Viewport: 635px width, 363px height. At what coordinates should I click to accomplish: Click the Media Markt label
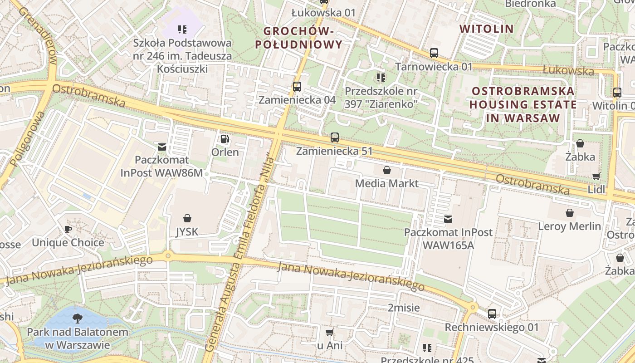(386, 183)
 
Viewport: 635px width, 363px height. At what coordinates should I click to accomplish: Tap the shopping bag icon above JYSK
(187, 218)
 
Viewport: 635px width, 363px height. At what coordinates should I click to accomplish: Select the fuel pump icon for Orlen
(225, 138)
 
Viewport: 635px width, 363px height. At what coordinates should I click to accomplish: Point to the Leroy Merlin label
(569, 226)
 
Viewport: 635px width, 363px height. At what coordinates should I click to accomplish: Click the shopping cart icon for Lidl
(596, 176)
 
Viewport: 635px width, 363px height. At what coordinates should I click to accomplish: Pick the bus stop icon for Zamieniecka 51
(335, 137)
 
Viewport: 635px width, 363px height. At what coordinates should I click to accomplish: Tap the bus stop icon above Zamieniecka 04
(297, 86)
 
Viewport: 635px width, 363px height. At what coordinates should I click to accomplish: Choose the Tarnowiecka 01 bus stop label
(434, 67)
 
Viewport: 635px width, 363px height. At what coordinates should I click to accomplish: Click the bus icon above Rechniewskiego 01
(492, 314)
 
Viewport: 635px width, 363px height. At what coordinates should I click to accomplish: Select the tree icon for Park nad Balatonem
(78, 318)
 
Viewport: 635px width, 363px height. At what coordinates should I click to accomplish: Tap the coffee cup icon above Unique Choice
(68, 229)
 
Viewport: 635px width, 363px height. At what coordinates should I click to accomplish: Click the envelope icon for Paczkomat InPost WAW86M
(161, 147)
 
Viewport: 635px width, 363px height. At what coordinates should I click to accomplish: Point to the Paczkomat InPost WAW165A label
(448, 239)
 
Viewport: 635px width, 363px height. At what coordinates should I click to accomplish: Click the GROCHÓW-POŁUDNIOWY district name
(298, 38)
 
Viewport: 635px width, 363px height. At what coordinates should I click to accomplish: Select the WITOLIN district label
(487, 29)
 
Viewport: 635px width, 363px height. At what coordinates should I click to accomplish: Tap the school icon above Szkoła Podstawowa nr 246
(182, 30)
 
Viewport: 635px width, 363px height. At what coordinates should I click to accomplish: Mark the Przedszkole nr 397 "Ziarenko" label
(381, 97)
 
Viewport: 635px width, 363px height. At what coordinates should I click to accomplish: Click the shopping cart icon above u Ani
(330, 332)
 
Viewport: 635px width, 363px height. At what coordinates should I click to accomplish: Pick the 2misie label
(403, 308)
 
